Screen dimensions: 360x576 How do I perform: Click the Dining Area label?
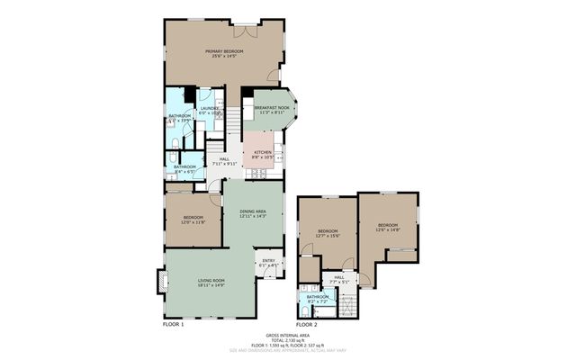click(x=252, y=213)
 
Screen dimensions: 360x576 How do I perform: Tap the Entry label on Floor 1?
click(x=268, y=263)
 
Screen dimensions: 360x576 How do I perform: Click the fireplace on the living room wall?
click(x=162, y=283)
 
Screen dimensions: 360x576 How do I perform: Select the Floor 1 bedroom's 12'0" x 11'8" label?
click(x=193, y=220)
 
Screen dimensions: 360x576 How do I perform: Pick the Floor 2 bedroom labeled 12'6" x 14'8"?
click(x=387, y=226)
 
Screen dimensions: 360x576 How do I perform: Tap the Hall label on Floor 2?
click(x=338, y=279)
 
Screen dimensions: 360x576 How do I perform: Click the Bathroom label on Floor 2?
click(x=318, y=299)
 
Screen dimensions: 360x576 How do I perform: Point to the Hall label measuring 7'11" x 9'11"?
click(x=223, y=162)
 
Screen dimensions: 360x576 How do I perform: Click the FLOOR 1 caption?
click(x=173, y=323)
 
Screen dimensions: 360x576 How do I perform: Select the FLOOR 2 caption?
click(x=307, y=323)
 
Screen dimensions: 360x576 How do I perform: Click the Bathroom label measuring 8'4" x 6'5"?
click(x=184, y=167)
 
